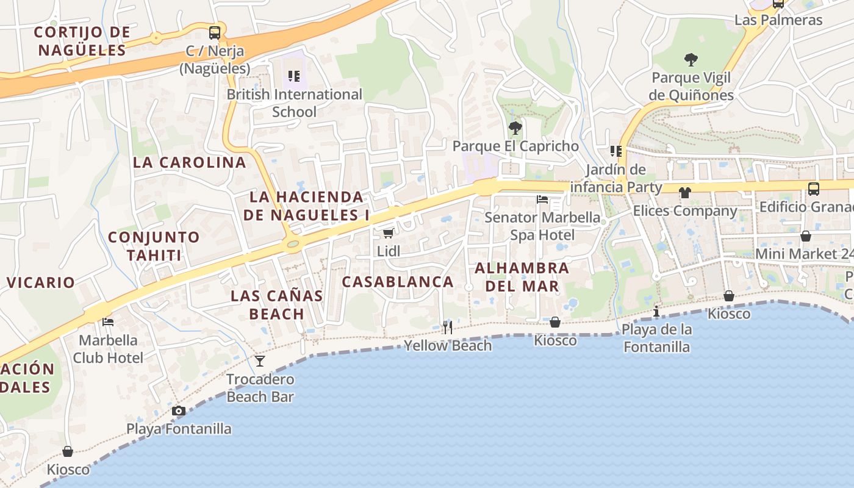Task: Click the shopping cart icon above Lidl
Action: click(x=388, y=233)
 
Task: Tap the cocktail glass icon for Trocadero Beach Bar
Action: click(x=260, y=361)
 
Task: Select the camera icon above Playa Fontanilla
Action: click(x=179, y=411)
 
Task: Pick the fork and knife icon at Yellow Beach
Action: click(x=448, y=328)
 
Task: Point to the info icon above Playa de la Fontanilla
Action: click(x=656, y=312)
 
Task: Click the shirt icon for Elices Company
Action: click(x=685, y=193)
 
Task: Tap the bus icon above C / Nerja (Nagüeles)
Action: click(x=215, y=33)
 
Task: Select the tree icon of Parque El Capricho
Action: click(x=515, y=128)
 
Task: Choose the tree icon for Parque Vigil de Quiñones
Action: click(x=691, y=60)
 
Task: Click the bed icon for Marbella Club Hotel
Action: click(x=108, y=322)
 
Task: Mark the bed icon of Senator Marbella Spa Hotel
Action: click(x=542, y=199)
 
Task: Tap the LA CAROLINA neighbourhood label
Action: click(x=190, y=162)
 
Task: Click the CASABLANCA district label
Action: click(x=398, y=282)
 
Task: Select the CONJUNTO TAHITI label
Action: click(x=154, y=246)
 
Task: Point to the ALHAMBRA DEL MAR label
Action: click(x=522, y=277)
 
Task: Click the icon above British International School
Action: click(x=294, y=76)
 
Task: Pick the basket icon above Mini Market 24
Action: click(x=806, y=236)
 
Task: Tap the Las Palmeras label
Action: click(x=778, y=20)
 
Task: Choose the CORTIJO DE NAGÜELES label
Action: click(x=82, y=41)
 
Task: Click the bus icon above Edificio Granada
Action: click(x=813, y=189)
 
